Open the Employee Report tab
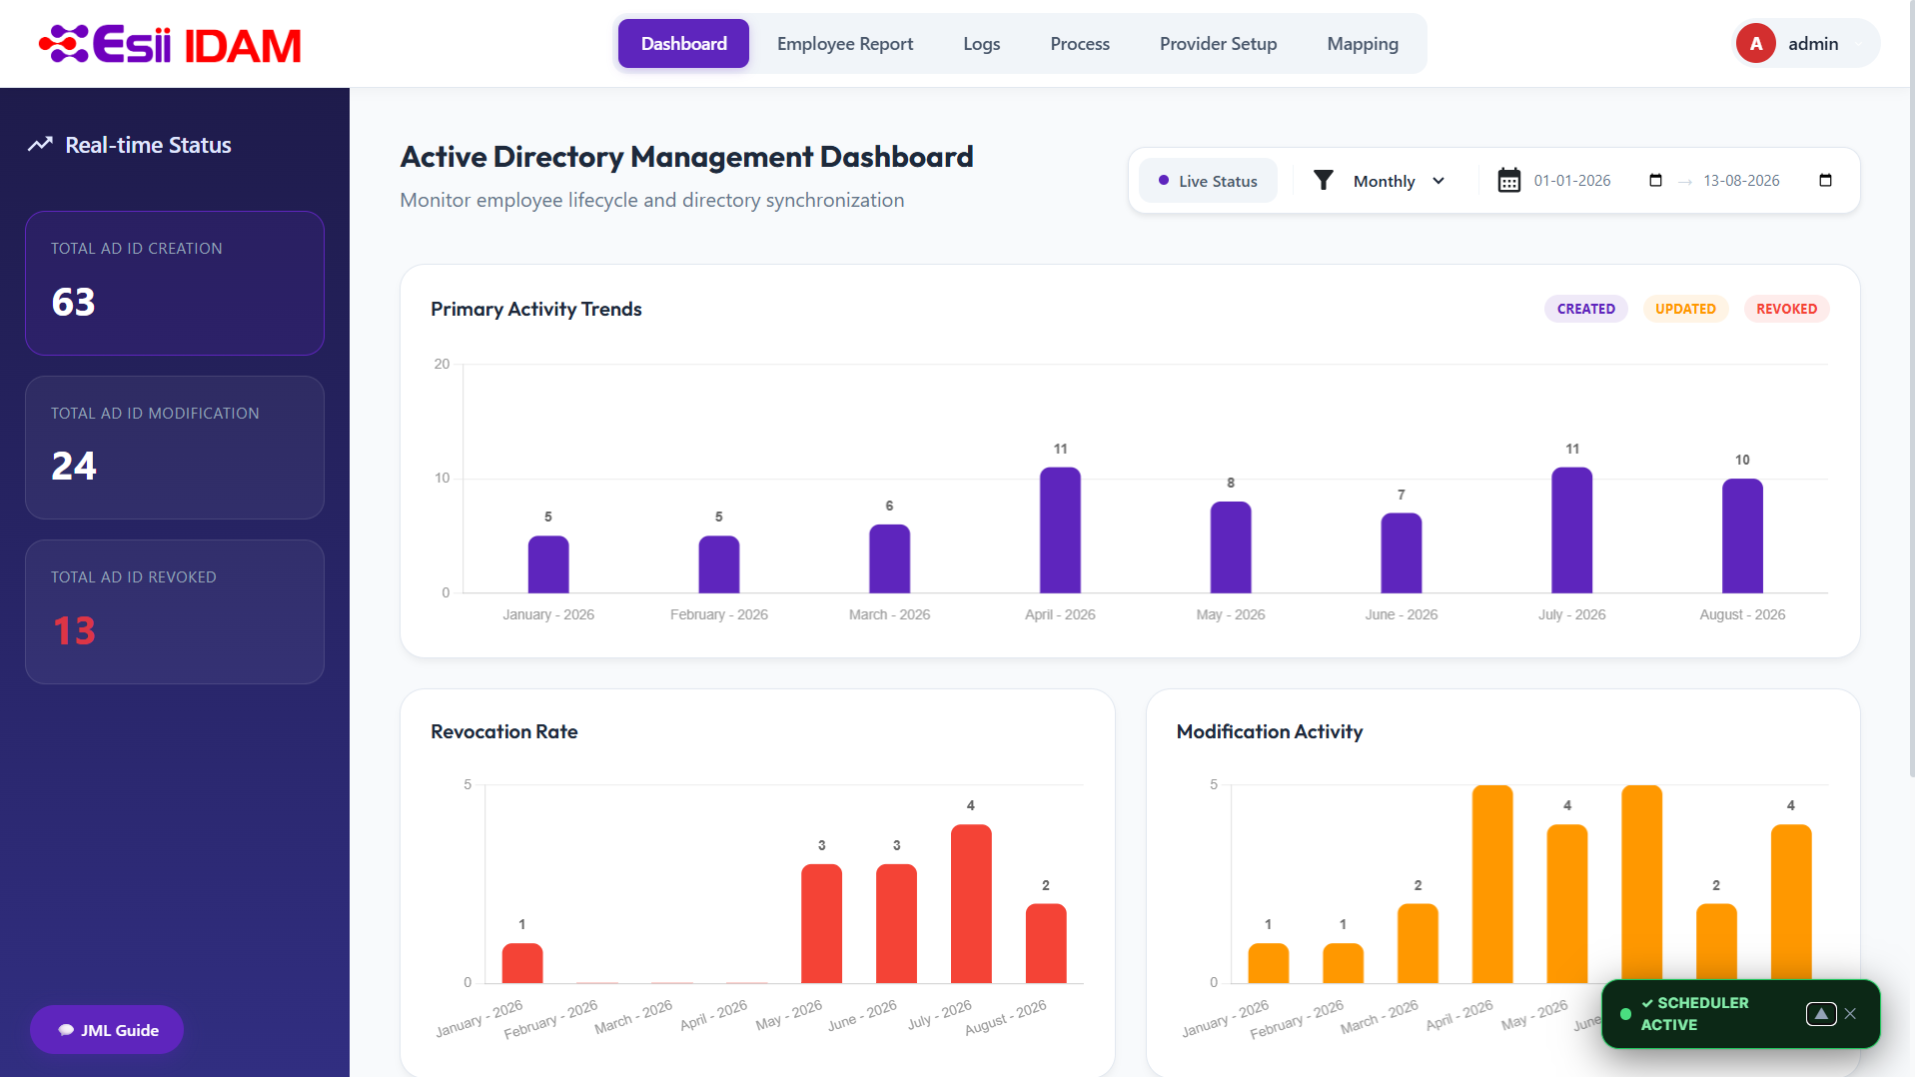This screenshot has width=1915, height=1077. (845, 44)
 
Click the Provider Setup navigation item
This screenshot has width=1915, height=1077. (1218, 44)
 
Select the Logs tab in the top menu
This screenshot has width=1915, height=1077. (981, 44)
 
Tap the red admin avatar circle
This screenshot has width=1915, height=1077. (1755, 44)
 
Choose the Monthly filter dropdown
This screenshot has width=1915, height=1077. (1384, 181)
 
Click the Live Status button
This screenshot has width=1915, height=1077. (1208, 181)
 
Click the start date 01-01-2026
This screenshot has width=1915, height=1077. (1572, 181)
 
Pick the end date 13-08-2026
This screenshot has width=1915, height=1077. (1741, 181)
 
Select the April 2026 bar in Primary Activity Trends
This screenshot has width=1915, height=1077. (1060, 531)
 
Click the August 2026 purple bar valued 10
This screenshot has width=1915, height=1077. (1742, 537)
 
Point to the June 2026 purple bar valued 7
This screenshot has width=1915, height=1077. (1401, 553)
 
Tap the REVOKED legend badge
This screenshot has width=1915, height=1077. (1786, 309)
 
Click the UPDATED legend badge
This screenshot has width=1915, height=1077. (1685, 309)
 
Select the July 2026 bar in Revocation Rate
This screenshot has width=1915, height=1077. (971, 904)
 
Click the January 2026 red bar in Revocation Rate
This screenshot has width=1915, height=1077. (522, 963)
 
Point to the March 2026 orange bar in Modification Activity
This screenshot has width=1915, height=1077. (1418, 944)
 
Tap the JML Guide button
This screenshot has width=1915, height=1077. (107, 1030)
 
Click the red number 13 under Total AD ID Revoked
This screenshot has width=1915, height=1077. (74, 631)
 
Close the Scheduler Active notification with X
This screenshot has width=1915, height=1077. (1850, 1014)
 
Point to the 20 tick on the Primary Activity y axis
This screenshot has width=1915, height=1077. (442, 364)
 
